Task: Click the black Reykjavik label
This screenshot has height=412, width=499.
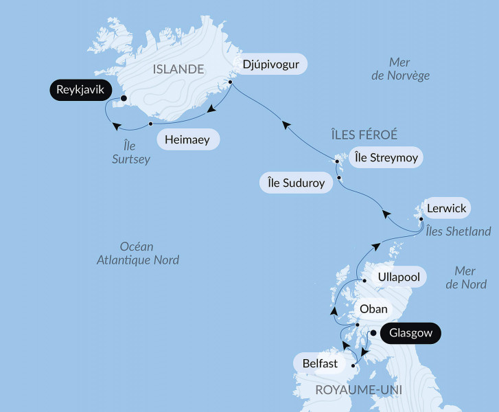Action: coord(80,89)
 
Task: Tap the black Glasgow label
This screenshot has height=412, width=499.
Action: coord(410,334)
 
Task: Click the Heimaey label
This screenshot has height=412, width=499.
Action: coord(188,140)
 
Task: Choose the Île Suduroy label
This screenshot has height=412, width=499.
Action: coord(297,183)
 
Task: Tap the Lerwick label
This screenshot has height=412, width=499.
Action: coord(445,208)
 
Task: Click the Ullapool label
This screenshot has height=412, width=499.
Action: coord(400,277)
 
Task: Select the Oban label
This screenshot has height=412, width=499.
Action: coord(373,309)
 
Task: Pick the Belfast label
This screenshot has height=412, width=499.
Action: coord(320,363)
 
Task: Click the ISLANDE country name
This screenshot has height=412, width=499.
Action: coord(178,69)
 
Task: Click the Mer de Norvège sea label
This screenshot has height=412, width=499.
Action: coord(400,69)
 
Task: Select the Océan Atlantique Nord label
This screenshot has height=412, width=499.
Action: coord(137,253)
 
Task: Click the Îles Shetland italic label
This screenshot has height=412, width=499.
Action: coord(458,231)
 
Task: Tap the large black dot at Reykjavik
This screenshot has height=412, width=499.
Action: coord(124,98)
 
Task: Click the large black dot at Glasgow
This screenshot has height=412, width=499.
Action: coord(373,334)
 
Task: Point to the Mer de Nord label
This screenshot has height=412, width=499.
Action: coord(467,277)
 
